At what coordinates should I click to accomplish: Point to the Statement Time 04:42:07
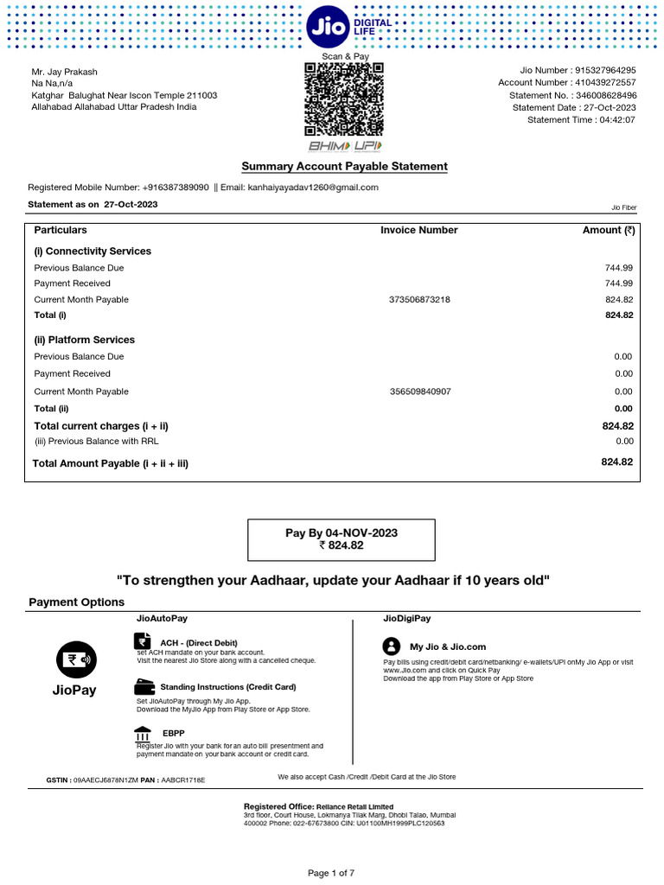point(618,120)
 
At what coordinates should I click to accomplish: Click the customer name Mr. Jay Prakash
point(65,71)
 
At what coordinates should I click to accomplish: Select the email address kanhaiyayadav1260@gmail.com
point(313,188)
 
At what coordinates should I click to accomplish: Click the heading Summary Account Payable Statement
point(344,166)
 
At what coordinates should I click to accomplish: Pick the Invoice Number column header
point(419,231)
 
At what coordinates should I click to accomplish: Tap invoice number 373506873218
point(419,300)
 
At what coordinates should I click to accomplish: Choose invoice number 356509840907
point(419,392)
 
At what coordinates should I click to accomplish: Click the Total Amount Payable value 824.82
point(616,462)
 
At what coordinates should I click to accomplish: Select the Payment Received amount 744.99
point(618,283)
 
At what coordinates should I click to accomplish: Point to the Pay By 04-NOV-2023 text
point(342,533)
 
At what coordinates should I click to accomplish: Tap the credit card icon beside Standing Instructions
point(144,687)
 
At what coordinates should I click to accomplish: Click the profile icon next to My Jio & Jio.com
point(392,646)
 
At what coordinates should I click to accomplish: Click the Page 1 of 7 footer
point(331,874)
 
